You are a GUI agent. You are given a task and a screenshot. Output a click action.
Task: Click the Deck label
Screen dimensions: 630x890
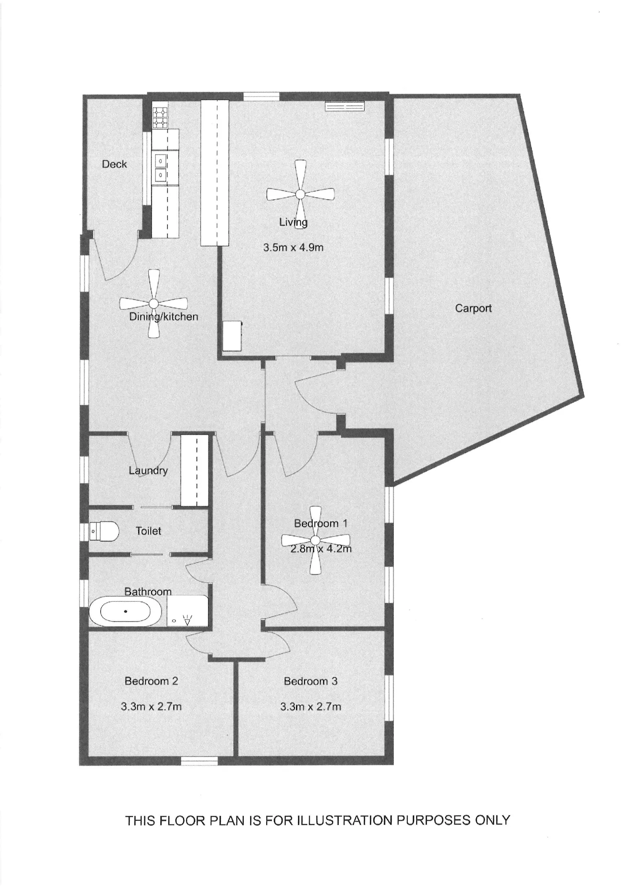114,164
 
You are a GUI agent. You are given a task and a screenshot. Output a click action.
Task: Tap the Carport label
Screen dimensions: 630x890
473,308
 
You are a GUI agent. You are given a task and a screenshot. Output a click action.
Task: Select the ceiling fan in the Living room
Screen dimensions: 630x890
300,194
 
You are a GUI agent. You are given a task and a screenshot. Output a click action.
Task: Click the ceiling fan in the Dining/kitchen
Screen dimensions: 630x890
154,303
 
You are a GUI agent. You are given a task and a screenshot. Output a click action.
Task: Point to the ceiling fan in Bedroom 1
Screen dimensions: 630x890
315,540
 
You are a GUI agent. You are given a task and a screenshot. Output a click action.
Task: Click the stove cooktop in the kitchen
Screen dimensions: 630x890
160,118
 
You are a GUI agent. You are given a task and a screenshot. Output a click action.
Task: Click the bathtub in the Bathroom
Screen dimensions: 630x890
125,611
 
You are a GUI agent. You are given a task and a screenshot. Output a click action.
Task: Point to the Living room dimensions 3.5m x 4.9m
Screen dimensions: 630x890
293,248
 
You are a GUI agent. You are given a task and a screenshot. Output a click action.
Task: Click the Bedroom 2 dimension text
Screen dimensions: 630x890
151,707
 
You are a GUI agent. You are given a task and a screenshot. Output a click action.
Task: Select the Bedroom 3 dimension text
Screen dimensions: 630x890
311,707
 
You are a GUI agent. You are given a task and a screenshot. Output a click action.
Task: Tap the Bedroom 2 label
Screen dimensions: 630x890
151,681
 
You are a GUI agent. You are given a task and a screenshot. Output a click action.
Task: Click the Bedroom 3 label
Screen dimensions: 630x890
311,681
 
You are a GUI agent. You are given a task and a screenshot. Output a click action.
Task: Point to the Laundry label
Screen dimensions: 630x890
148,471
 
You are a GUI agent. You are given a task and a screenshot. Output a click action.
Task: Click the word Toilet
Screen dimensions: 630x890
148,531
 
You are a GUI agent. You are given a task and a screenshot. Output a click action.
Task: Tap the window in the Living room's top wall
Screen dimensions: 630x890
261,96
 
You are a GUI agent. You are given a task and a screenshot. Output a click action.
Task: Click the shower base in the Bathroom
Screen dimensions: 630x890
187,611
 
